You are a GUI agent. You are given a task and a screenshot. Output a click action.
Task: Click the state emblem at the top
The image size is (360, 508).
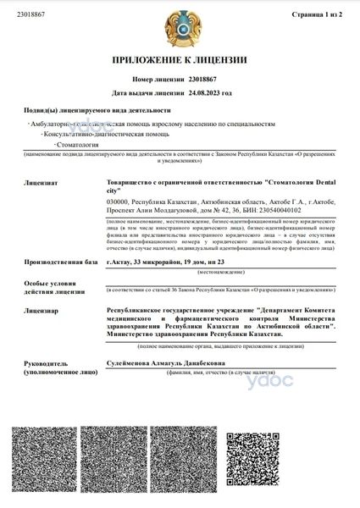coord(180,28)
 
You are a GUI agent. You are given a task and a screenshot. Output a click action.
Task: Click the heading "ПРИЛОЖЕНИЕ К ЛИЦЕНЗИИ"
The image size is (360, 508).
coord(179,60)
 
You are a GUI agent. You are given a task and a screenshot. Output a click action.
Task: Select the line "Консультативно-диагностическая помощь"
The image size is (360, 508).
coord(99,134)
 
